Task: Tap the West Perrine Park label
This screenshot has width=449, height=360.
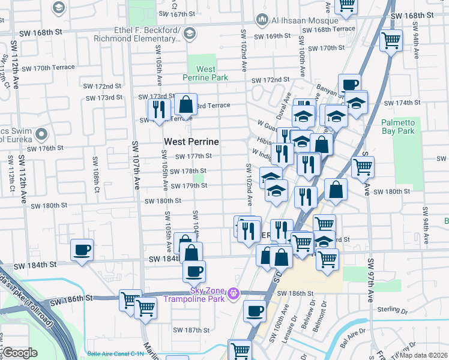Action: click(205, 73)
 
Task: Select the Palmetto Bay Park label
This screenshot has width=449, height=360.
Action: click(398, 126)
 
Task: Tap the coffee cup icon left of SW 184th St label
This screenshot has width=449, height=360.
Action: click(82, 250)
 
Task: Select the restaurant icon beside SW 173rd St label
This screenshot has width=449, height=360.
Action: click(158, 109)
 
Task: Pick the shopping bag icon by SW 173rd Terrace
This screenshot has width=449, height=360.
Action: click(186, 104)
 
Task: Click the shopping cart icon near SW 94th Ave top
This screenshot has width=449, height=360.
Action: click(391, 41)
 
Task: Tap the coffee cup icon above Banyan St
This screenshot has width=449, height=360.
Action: click(349, 84)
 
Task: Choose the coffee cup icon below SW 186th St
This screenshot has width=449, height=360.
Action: click(255, 311)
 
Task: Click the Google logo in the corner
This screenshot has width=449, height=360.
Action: click(20, 353)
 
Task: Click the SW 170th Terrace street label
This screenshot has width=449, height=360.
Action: click(46, 68)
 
